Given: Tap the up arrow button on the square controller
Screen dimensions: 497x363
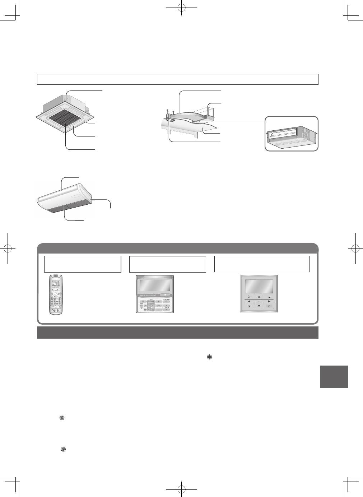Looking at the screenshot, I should (x=259, y=297).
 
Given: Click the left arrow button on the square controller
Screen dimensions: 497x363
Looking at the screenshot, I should (x=249, y=301).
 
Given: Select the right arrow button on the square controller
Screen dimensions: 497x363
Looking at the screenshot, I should (x=269, y=301).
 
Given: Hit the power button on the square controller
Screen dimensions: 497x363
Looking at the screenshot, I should (x=269, y=306).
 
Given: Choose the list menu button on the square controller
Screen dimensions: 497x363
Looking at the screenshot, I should (x=269, y=297).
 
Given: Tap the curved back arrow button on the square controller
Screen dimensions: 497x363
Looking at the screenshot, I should (x=249, y=297).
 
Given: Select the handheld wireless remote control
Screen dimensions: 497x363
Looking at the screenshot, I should (x=56, y=295).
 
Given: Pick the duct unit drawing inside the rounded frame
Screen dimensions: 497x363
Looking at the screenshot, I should (x=292, y=134).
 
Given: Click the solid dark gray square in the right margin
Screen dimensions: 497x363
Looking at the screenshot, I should (x=334, y=376).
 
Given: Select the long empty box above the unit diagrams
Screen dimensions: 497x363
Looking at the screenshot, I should (x=178, y=79).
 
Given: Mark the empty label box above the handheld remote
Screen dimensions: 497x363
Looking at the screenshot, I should (x=82, y=264).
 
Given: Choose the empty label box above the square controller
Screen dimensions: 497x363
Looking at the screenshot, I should (x=262, y=264).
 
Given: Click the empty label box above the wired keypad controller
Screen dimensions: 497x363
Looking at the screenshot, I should (x=168, y=264).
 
